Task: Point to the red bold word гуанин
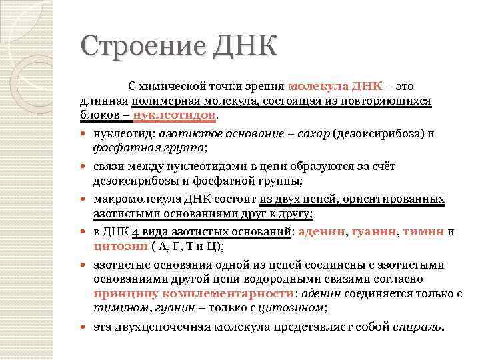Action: pyautogui.click(x=375, y=232)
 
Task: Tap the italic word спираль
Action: pyautogui.click(x=416, y=327)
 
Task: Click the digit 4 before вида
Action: pyautogui.click(x=135, y=232)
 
